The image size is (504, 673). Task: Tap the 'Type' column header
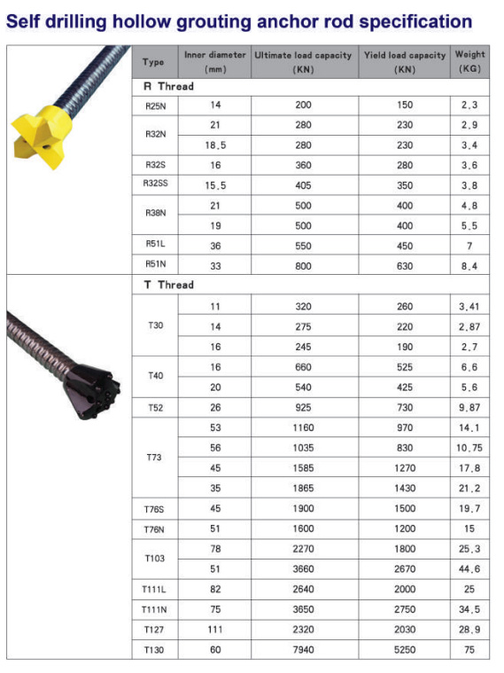click(x=153, y=62)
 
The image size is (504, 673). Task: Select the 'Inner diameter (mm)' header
click(x=215, y=61)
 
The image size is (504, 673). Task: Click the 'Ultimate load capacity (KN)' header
click(x=303, y=61)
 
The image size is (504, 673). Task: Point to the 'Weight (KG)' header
click(x=469, y=61)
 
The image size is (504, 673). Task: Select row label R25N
click(x=155, y=105)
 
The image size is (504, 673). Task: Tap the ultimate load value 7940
click(x=303, y=650)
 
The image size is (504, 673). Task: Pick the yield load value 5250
click(x=405, y=650)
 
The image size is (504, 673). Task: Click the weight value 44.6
click(x=469, y=569)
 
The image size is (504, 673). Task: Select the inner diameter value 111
click(x=215, y=630)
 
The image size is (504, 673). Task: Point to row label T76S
click(x=155, y=508)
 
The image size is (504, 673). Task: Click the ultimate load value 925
click(x=303, y=407)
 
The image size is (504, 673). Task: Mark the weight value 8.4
click(x=469, y=265)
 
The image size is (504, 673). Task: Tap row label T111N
click(x=155, y=609)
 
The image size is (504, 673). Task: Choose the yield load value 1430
click(x=405, y=488)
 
